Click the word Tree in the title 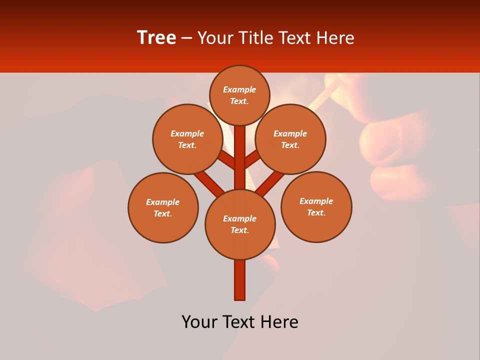click(156, 38)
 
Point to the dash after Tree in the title click(187, 38)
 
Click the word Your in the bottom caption click(198, 322)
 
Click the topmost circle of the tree click(239, 95)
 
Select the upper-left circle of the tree click(187, 139)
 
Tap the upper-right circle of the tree click(290, 139)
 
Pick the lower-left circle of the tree click(163, 207)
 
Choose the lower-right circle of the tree click(316, 206)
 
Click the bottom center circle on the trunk click(240, 224)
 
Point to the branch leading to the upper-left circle click(228, 161)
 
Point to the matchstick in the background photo click(325, 95)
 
